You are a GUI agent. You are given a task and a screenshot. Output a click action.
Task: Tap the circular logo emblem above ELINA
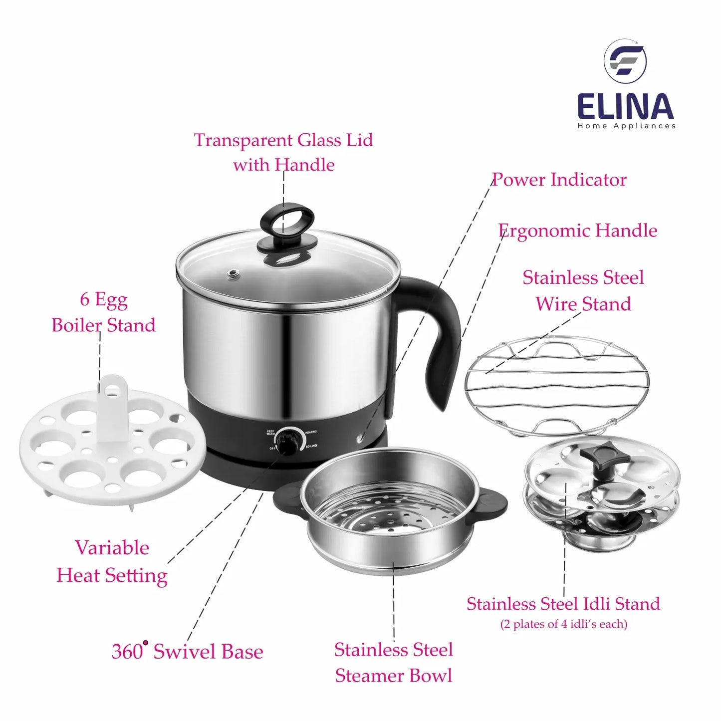pyautogui.click(x=625, y=62)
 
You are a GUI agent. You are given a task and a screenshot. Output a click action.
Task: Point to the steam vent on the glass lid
pyautogui.click(x=235, y=275)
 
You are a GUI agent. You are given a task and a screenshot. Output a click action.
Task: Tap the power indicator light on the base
pyautogui.click(x=360, y=438)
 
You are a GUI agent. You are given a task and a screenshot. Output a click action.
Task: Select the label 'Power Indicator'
pyautogui.click(x=559, y=180)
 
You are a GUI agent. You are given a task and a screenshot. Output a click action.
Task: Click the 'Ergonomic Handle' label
pyautogui.click(x=577, y=231)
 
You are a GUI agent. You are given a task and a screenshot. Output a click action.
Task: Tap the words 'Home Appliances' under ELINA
pyautogui.click(x=626, y=126)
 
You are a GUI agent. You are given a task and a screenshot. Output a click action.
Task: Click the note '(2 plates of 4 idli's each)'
pyautogui.click(x=563, y=624)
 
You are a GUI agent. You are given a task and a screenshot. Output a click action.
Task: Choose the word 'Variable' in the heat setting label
pyautogui.click(x=112, y=548)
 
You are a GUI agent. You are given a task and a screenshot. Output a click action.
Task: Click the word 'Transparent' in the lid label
pyautogui.click(x=243, y=140)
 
